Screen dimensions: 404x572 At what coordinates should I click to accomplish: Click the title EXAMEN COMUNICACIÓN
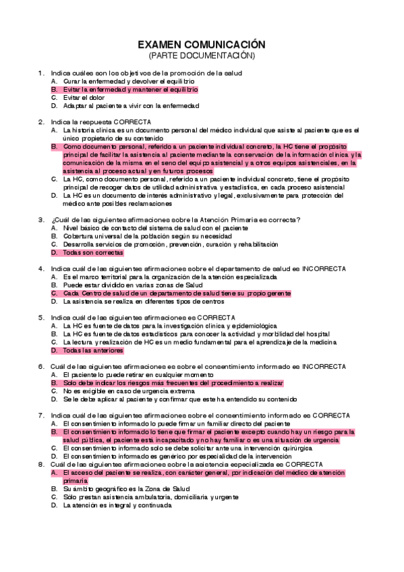coord(202,45)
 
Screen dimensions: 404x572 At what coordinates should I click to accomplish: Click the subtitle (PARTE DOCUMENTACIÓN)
coord(202,55)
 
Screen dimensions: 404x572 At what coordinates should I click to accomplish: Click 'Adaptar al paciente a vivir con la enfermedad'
coord(131,105)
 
